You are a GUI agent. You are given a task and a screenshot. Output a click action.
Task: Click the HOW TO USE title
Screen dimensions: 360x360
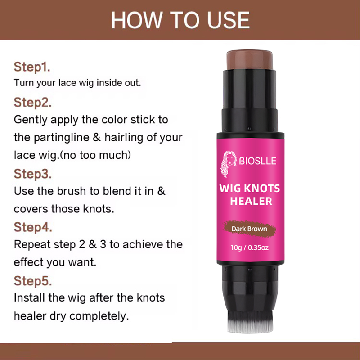click(x=180, y=20)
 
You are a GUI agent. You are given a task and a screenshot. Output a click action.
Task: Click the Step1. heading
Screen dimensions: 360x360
click(x=32, y=67)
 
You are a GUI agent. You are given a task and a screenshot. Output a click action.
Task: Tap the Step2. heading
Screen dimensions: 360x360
click(x=32, y=103)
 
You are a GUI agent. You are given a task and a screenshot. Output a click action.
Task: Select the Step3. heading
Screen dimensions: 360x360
click(x=32, y=174)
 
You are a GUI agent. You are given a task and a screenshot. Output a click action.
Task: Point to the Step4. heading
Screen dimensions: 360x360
click(x=33, y=227)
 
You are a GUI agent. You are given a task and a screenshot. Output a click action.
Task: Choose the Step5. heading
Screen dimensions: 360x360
click(x=33, y=281)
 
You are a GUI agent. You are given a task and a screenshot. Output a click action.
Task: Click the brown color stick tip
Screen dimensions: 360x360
click(x=250, y=60)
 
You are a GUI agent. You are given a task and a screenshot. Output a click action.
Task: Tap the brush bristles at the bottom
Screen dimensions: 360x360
click(x=250, y=321)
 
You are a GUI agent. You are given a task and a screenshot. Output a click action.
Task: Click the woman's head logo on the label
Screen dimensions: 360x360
click(x=229, y=164)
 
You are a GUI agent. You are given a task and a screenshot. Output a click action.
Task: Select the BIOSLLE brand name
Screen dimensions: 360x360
click(x=257, y=161)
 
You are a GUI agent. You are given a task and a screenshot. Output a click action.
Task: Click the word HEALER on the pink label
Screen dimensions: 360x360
click(x=251, y=201)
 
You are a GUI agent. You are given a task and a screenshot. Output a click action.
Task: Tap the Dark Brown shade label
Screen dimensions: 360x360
click(x=249, y=229)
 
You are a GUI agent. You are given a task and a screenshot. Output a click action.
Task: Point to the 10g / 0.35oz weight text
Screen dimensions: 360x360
click(x=250, y=248)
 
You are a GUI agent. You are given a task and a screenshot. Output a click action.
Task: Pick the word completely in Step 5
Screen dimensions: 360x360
click(x=99, y=316)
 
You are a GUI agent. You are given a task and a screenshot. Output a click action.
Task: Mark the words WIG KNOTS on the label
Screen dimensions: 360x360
click(x=250, y=189)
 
